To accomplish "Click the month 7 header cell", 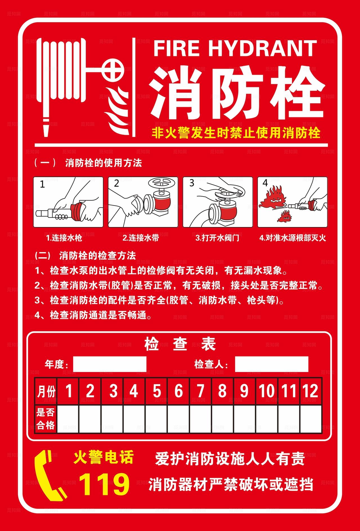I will point(200,391).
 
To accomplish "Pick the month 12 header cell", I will point(310,391).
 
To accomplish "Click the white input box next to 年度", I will point(110,364).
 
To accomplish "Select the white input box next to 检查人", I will point(271,364).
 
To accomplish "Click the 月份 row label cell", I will point(46,391).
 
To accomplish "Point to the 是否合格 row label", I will point(46,419).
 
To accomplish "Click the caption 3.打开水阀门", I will point(217,238).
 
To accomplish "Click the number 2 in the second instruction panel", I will point(117,183).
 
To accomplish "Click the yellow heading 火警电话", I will point(103,458).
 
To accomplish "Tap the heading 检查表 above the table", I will point(180,344).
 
